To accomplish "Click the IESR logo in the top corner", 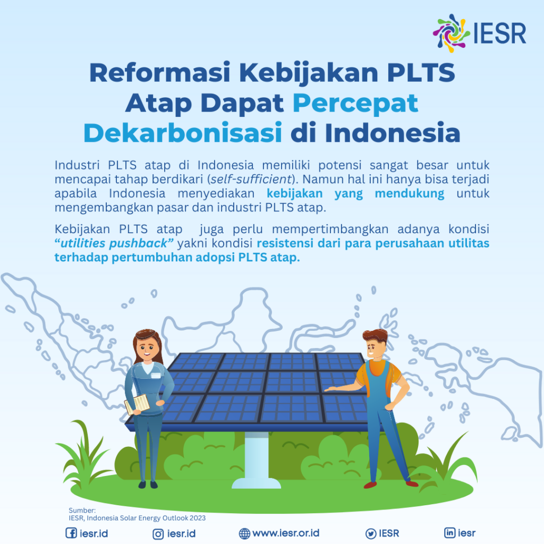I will pyautogui.click(x=479, y=32).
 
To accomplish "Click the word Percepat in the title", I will pyautogui.click(x=355, y=103).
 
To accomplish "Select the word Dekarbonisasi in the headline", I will pyautogui.click(x=182, y=133).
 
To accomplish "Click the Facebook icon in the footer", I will pyautogui.click(x=71, y=533).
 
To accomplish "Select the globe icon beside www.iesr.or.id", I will pyautogui.click(x=244, y=533).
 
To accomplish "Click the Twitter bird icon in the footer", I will pyautogui.click(x=370, y=533).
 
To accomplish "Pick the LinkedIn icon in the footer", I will pyautogui.click(x=449, y=533).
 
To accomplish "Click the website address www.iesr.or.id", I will pyautogui.click(x=286, y=533).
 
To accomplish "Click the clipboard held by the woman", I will pyautogui.click(x=138, y=404).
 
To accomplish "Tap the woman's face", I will pyautogui.click(x=148, y=348).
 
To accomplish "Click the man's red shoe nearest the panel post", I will pyautogui.click(x=370, y=484).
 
